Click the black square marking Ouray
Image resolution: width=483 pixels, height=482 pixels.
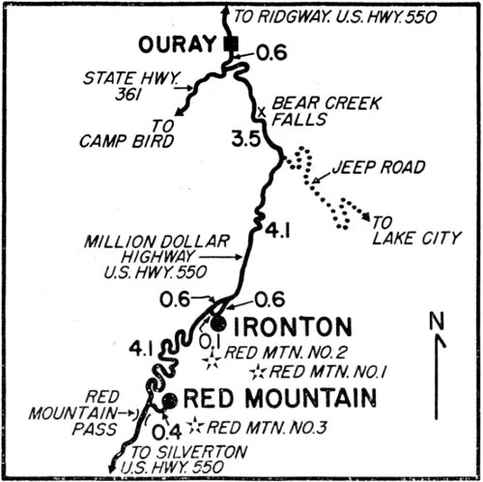click(230, 44)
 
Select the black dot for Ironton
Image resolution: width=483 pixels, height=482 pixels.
click(219, 324)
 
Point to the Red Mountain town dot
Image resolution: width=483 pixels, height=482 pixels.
click(170, 400)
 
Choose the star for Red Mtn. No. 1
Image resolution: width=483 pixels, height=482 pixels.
click(257, 372)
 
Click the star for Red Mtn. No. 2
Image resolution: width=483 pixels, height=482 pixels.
click(211, 361)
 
